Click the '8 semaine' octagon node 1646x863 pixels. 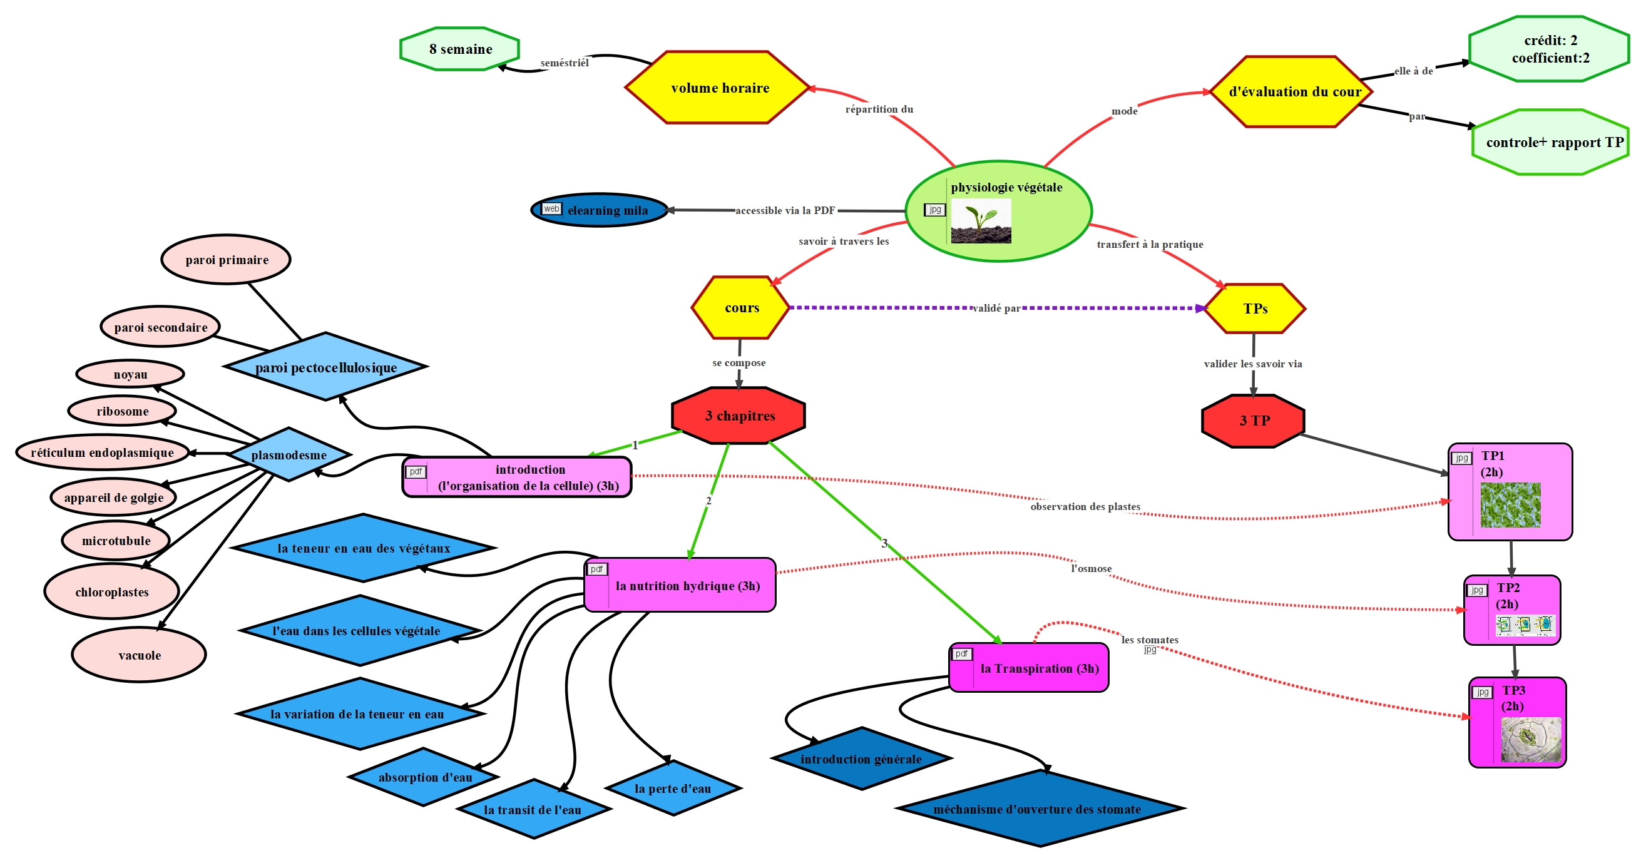[460, 49]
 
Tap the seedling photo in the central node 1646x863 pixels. [981, 221]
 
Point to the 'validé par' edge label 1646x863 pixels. [996, 309]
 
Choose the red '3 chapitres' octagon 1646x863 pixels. [739, 416]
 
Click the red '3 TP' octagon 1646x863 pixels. [1254, 421]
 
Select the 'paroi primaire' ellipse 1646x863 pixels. [226, 260]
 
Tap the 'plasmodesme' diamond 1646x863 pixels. [289, 455]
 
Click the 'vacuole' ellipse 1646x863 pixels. [140, 655]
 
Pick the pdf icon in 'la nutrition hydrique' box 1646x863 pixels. [597, 569]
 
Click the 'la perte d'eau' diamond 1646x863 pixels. [673, 789]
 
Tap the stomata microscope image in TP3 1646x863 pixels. [1530, 740]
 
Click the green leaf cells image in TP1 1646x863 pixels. [1511, 505]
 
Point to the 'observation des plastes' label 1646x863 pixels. [1085, 507]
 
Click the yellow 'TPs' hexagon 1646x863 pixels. [1255, 309]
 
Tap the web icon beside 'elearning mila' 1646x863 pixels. [551, 209]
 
